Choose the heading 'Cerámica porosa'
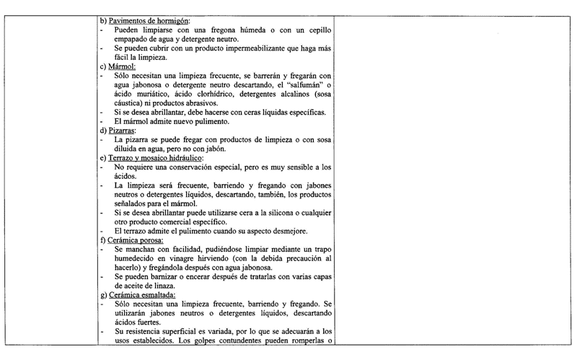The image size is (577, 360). point(137,239)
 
